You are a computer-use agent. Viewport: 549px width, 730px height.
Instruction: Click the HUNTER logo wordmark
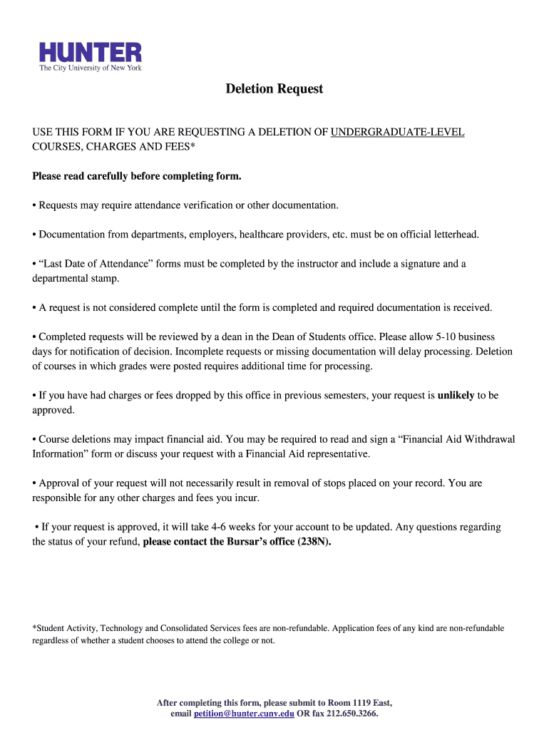91,51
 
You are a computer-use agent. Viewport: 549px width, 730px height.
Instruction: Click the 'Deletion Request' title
274,89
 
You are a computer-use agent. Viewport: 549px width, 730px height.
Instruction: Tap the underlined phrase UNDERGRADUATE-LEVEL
397,132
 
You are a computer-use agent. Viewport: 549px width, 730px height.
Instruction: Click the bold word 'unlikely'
456,396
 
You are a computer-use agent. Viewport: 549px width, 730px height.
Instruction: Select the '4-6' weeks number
222,527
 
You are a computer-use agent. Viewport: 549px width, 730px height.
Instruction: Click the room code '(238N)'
314,542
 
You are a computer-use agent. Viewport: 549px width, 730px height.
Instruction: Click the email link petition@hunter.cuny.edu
244,714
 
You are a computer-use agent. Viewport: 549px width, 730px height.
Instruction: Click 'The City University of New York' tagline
91,68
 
